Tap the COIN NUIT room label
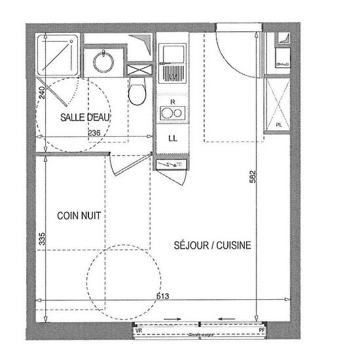(x=79, y=215)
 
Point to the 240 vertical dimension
(x=41, y=92)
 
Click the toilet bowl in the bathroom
(x=137, y=94)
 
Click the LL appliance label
(x=173, y=138)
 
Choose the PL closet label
(x=278, y=124)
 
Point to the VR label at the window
(x=138, y=331)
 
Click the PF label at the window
(x=262, y=331)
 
